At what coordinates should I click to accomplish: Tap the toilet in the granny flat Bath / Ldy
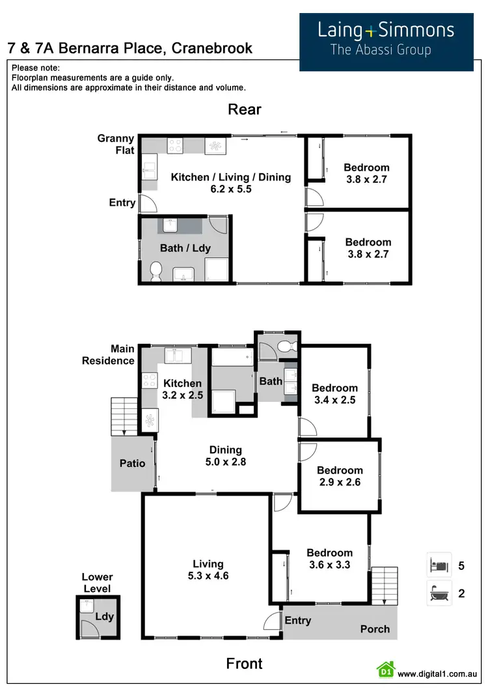[x=156, y=272]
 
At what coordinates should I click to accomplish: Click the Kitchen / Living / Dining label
[x=230, y=183]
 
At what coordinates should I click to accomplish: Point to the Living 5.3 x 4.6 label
[x=208, y=570]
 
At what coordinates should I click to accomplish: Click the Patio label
[x=132, y=463]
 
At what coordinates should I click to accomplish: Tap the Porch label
[x=375, y=628]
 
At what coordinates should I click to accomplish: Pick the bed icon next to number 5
[x=439, y=565]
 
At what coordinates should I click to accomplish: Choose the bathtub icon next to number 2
[x=439, y=593]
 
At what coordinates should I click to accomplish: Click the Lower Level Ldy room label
[x=104, y=615]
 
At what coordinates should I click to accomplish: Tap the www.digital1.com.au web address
[x=438, y=673]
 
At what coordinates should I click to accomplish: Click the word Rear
[x=244, y=109]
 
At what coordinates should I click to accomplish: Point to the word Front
[x=244, y=664]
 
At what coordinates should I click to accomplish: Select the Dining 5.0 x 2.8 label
[x=225, y=456]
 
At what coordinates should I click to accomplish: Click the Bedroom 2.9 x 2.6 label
[x=339, y=476]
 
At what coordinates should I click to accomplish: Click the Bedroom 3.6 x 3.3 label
[x=329, y=559]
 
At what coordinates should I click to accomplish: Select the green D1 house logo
[x=386, y=670]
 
